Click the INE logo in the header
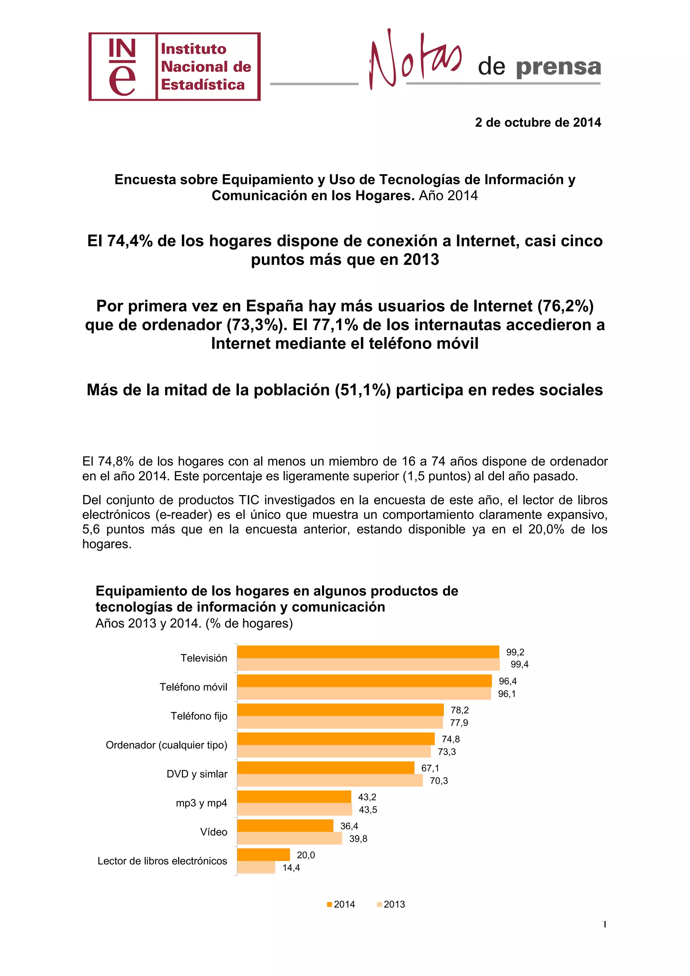[174, 67]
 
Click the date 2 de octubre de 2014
[538, 122]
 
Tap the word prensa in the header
[558, 67]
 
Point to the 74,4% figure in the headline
[130, 241]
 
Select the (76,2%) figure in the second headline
[566, 306]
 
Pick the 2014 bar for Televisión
[368, 652]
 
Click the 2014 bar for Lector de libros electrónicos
[263, 854]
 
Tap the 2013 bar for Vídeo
[289, 838]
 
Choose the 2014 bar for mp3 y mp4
[294, 797]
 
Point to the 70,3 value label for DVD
[439, 781]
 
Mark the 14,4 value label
[291, 867]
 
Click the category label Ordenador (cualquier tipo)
[166, 745]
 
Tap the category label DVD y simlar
[197, 774]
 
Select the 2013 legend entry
[391, 904]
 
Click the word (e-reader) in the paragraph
[184, 515]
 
